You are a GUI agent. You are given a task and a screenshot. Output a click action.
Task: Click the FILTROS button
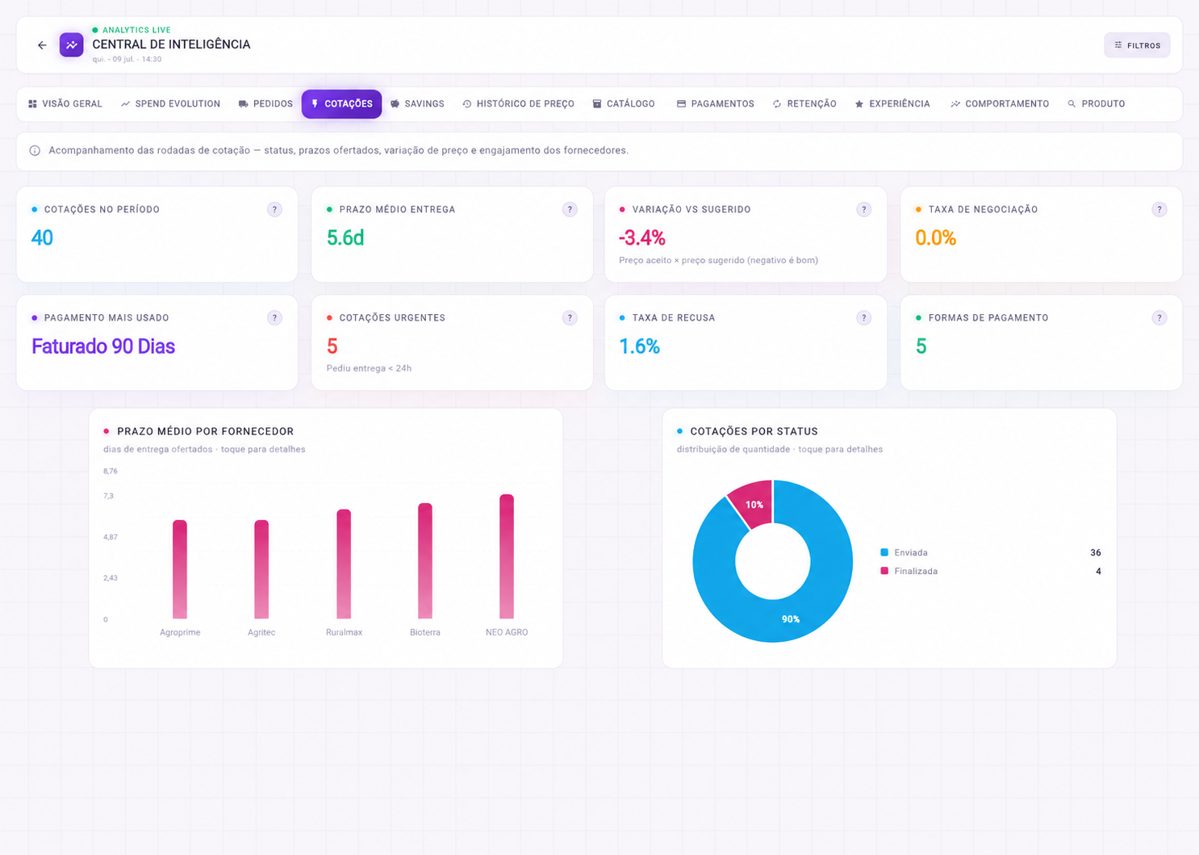[x=1136, y=45]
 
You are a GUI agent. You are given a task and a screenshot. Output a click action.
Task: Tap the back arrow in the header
[x=42, y=45]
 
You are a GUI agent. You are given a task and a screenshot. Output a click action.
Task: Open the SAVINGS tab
[x=417, y=103]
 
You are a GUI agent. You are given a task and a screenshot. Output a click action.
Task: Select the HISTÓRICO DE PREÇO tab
[x=518, y=103]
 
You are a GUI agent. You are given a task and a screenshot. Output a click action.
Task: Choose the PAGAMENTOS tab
[x=715, y=103]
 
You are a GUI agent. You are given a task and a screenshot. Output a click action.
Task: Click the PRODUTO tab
[x=1097, y=103]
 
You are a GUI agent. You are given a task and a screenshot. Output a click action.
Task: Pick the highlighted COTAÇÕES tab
[x=341, y=103]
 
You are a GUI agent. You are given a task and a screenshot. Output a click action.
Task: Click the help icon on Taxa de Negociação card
[x=1159, y=209]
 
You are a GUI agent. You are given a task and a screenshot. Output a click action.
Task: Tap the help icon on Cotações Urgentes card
[x=570, y=317]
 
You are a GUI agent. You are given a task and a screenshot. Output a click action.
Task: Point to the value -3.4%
[x=641, y=238]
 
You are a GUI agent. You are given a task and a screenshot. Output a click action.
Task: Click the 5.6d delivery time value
[x=345, y=238]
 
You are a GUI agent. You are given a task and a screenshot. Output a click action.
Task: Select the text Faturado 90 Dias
[x=103, y=346]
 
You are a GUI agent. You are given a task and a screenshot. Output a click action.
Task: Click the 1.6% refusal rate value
[x=639, y=346]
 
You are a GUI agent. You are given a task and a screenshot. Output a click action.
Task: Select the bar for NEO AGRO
[x=507, y=556]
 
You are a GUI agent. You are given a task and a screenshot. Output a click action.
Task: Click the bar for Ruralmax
[x=344, y=564]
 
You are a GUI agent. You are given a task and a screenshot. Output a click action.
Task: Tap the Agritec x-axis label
[x=261, y=632]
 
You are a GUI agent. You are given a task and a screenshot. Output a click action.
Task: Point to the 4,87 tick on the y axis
[x=111, y=537]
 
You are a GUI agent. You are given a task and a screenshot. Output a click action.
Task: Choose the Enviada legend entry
[x=904, y=552]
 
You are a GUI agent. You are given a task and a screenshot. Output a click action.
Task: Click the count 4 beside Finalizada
[x=1098, y=571]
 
